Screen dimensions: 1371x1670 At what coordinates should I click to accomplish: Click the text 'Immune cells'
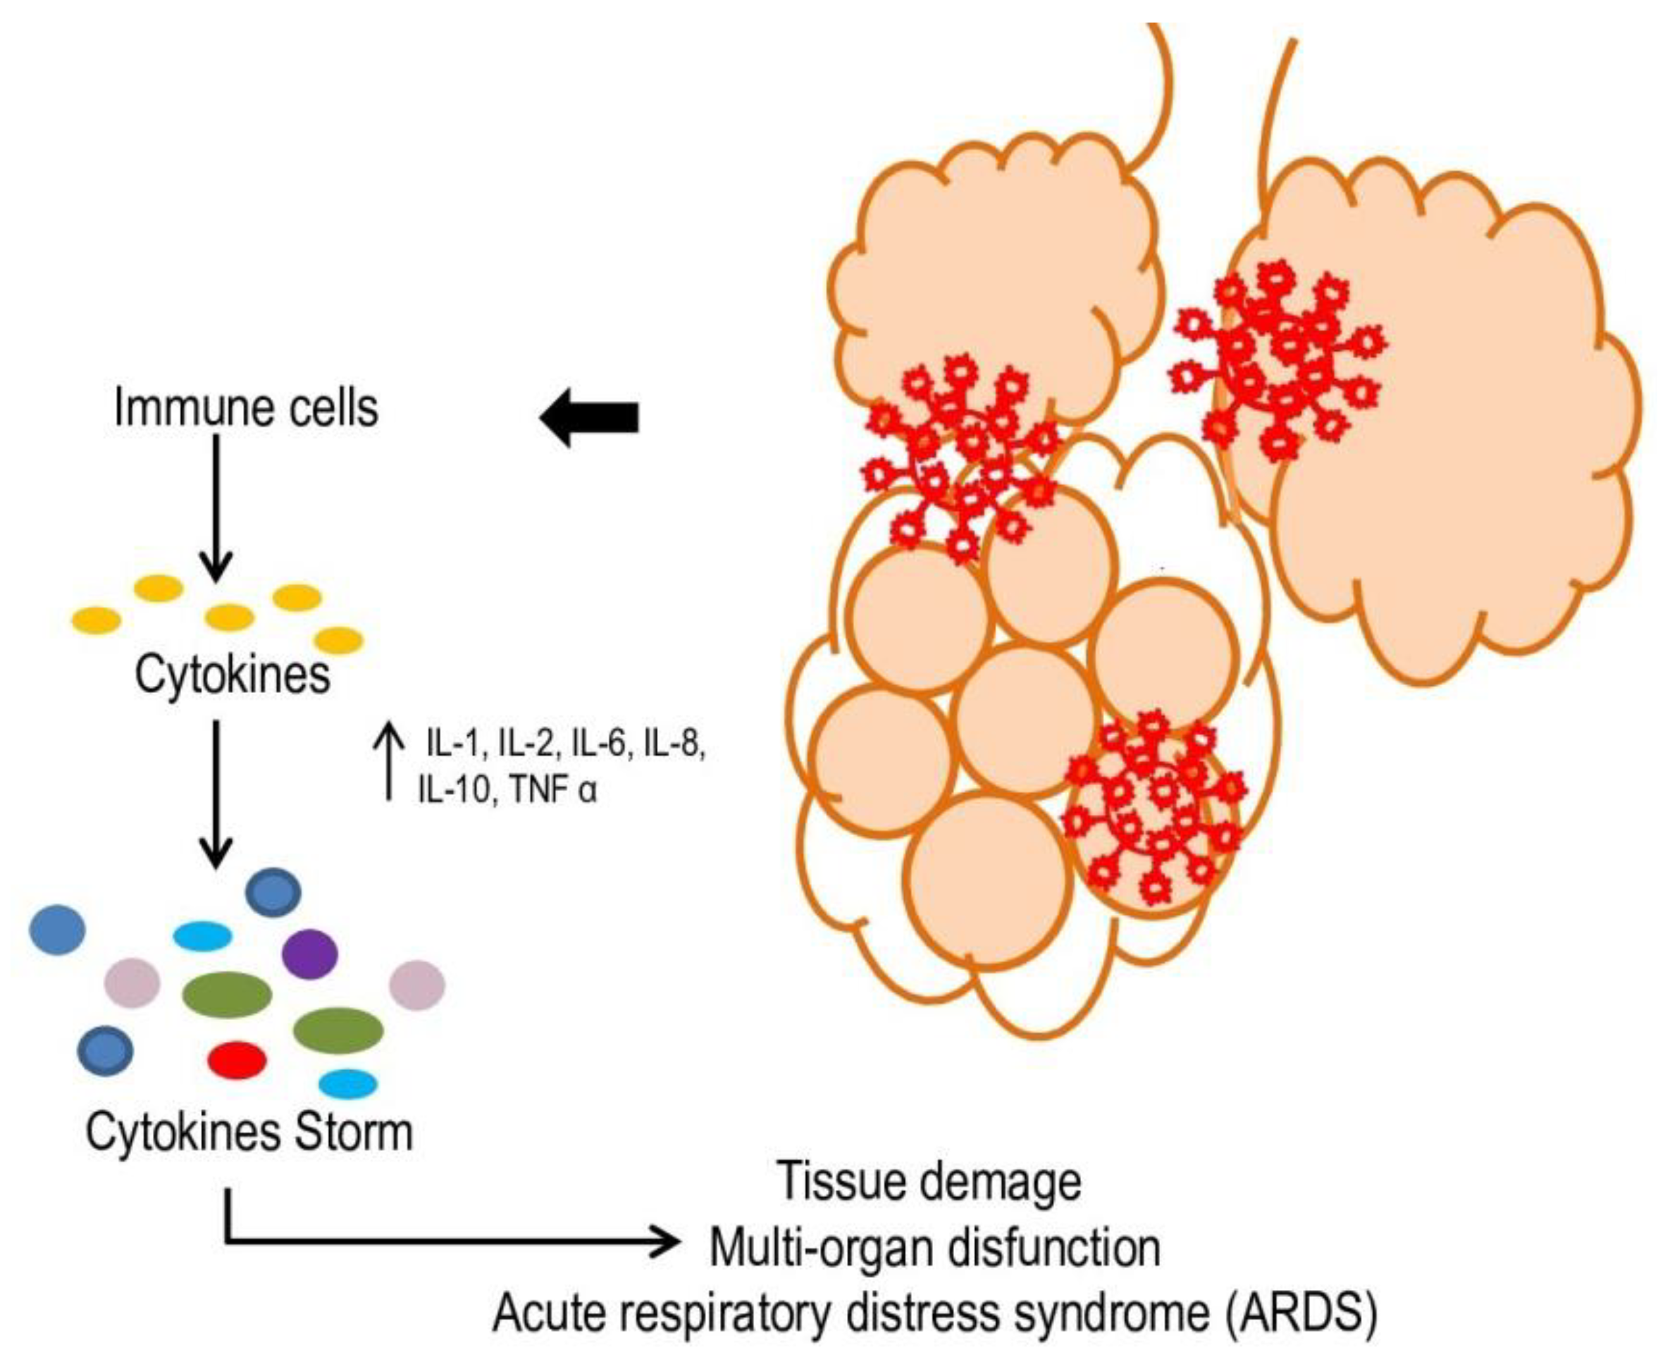coord(247,408)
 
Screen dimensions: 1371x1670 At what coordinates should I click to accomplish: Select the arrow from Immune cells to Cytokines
coord(216,505)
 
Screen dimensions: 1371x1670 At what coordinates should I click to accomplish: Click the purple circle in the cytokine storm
coord(309,954)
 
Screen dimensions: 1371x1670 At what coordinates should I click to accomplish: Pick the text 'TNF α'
coord(552,789)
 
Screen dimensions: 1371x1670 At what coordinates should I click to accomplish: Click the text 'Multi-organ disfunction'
coord(935,1248)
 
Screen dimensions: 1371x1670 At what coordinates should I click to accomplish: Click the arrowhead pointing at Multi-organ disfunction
coord(667,1242)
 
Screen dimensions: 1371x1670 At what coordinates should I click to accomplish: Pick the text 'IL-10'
coord(453,789)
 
